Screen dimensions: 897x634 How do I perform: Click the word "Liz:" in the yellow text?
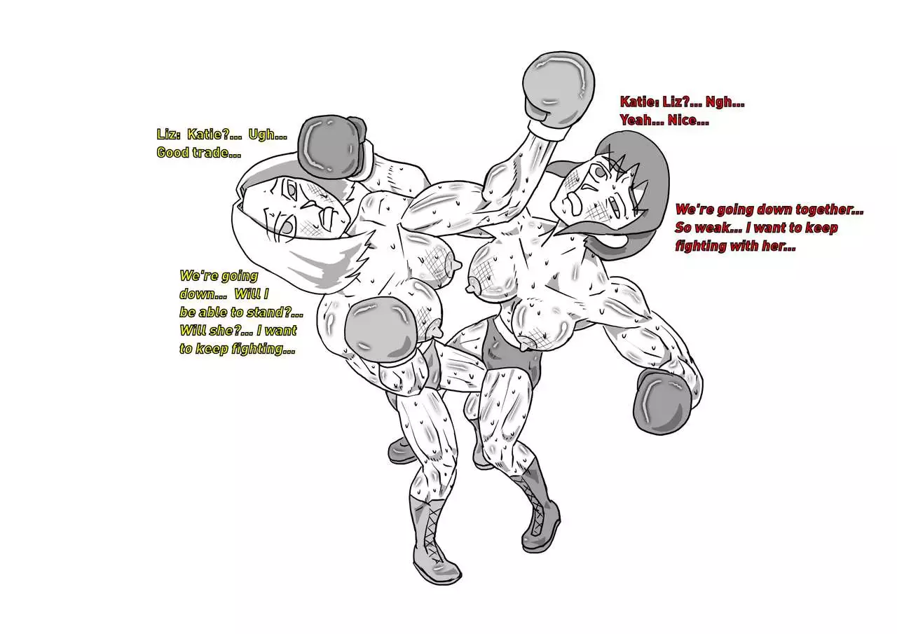(167, 135)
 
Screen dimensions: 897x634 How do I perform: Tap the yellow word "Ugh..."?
(268, 135)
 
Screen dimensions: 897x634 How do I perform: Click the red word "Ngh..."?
(725, 102)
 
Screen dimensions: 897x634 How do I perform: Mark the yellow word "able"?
(214, 312)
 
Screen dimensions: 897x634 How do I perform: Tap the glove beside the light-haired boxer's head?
(332, 147)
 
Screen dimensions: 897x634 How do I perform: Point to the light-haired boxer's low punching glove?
(381, 330)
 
